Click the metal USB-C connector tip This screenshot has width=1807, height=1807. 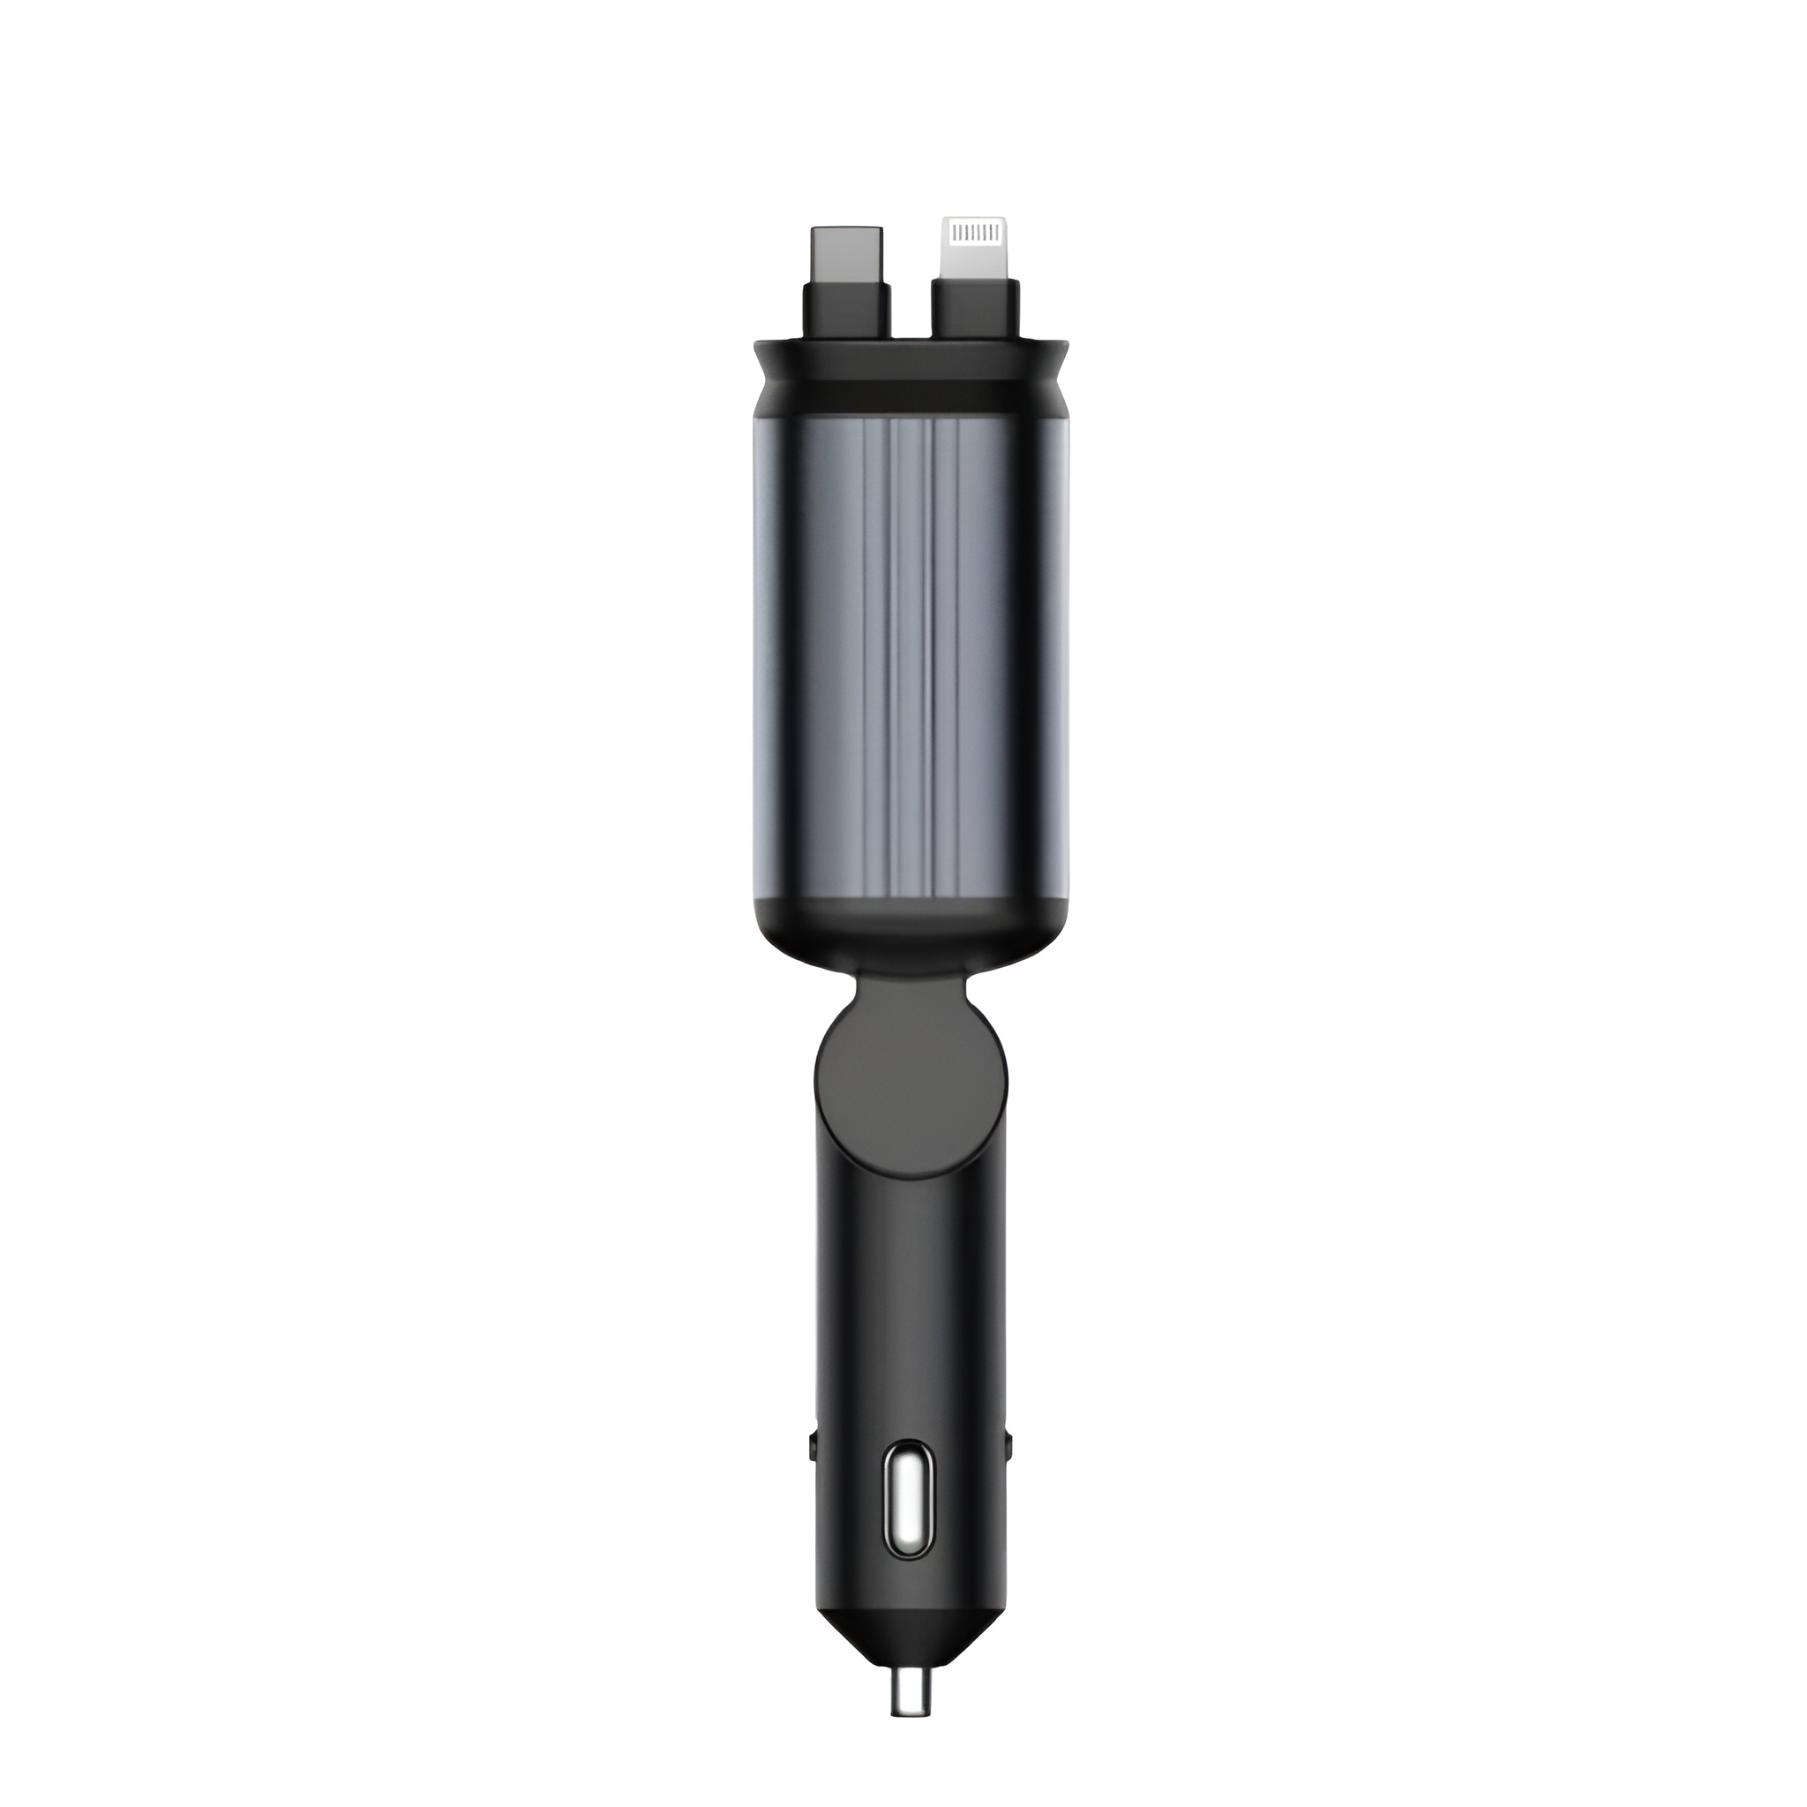point(847,251)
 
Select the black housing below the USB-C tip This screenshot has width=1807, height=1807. point(847,310)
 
